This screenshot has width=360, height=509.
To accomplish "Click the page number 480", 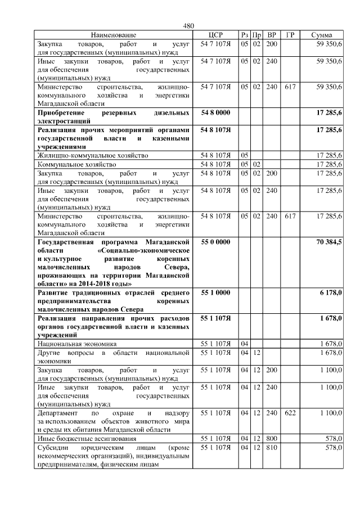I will (x=188, y=26).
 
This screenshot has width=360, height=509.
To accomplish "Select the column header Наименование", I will (x=114, y=35).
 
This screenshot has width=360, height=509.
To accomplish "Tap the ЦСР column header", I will (x=215, y=35).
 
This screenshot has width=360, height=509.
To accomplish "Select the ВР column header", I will (x=272, y=35).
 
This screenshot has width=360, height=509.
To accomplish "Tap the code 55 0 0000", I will (x=215, y=241).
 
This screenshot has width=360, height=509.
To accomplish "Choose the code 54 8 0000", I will (x=215, y=113).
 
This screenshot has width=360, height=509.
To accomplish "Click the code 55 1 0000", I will (x=215, y=292).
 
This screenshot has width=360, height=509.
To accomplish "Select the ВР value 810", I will (x=272, y=447).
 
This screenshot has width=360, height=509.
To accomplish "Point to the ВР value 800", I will (x=272, y=438).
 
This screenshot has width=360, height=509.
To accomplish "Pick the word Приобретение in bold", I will (x=63, y=113).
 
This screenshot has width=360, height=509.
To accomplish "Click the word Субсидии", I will (x=54, y=447).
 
